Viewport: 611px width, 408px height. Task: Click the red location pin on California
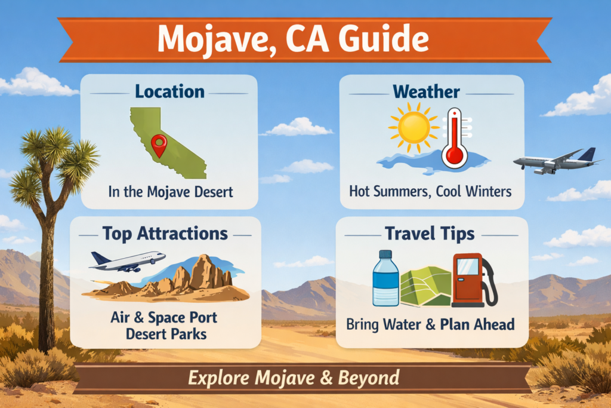coord(159,144)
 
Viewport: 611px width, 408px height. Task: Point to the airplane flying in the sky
coord(556,161)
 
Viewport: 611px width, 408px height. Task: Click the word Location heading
coord(169,92)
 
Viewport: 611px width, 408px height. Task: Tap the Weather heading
coord(426,92)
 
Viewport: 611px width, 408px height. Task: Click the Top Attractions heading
coord(165,233)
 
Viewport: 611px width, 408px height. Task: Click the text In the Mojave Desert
coord(170,192)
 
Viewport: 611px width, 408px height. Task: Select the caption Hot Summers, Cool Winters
coord(430,192)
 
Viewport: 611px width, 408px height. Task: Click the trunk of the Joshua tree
coord(46,281)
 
